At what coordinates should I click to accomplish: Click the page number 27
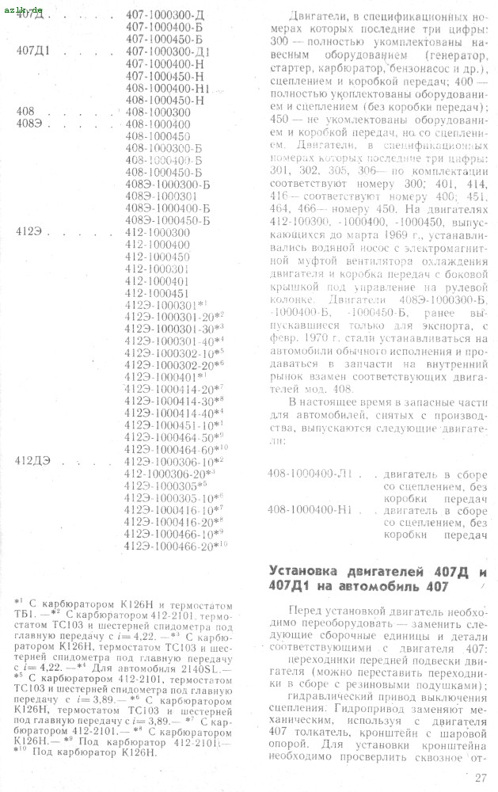coord(481,777)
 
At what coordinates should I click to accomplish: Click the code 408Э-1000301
coord(161,196)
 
